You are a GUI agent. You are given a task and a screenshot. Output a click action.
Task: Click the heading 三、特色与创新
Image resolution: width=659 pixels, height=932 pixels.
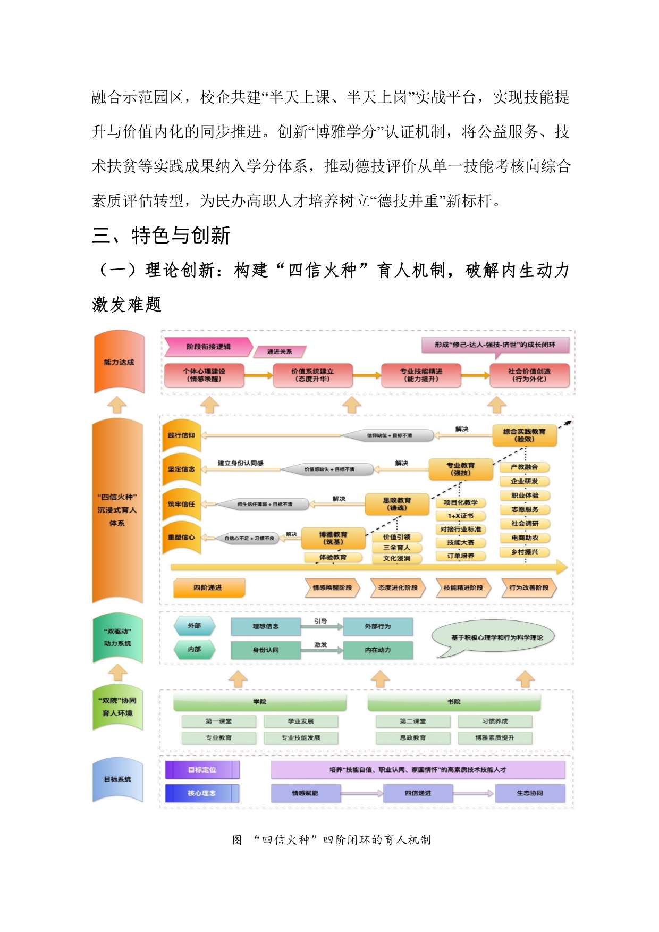coord(161,236)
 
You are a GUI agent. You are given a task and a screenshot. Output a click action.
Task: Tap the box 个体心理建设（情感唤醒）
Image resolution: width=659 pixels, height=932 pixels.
coord(204,375)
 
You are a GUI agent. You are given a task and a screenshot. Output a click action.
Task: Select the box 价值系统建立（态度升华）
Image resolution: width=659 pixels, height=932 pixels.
coord(312,375)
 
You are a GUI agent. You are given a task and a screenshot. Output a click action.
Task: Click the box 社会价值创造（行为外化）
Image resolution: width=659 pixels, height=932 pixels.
coord(529,375)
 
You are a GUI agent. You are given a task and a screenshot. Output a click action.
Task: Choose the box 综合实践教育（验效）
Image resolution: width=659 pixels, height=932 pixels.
coord(524,435)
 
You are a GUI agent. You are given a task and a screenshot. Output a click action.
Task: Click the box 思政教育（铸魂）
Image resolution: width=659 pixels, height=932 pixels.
coord(397,504)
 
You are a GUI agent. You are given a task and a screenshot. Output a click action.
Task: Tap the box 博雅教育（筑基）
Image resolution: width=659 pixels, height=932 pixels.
coord(333,538)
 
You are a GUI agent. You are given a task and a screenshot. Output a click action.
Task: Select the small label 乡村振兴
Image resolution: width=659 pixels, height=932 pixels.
coord(525,552)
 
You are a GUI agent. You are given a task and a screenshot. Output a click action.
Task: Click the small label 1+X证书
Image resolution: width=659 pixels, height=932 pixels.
coord(460,516)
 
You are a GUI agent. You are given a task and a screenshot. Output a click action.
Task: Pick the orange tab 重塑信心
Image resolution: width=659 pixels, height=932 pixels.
coord(182,538)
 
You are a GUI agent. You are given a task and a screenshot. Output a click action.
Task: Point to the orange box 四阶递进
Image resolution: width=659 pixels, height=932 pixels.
coord(208,587)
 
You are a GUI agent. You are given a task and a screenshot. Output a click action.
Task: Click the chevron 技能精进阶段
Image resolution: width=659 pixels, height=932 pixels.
coord(463,588)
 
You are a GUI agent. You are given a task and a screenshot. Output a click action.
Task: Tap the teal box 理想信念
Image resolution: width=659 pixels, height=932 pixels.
coord(266,626)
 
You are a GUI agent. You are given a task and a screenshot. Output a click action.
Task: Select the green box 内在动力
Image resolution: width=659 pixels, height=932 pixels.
coord(378,650)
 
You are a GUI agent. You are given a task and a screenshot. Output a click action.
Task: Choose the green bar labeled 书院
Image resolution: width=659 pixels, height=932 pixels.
coord(454,702)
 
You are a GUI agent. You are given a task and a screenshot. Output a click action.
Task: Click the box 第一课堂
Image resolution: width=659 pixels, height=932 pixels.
coord(218,721)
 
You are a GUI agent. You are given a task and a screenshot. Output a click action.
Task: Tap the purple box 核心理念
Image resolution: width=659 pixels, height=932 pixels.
coord(202,793)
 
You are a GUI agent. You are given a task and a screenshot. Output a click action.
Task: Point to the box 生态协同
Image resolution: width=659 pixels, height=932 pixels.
coord(530,793)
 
